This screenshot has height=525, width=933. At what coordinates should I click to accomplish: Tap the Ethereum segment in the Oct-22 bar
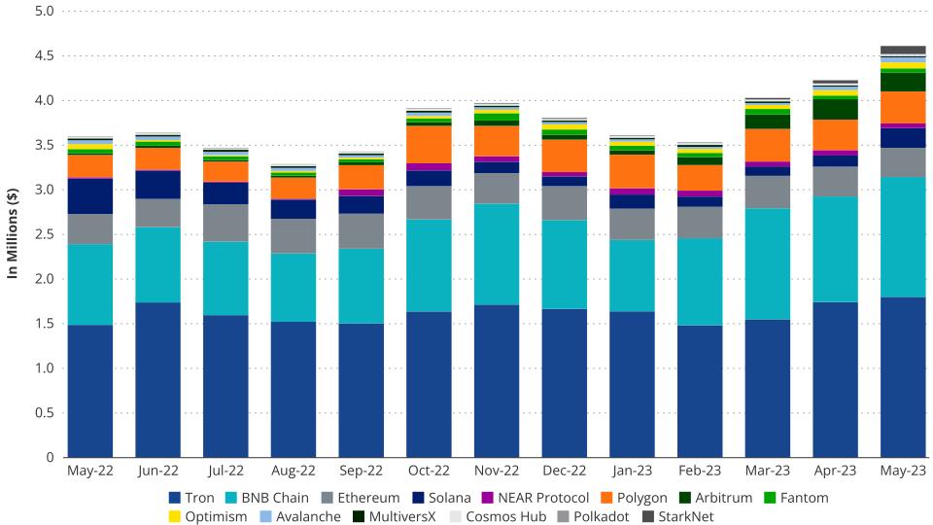coord(429,202)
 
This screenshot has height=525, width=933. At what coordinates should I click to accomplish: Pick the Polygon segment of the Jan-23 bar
coord(632,171)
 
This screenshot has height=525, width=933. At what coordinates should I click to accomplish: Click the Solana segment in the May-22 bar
coord(90,196)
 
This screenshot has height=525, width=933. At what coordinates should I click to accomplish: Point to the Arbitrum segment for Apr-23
coord(835,109)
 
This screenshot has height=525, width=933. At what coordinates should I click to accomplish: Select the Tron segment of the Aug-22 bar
coord(294,389)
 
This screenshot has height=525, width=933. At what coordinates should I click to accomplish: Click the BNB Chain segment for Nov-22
coord(497,254)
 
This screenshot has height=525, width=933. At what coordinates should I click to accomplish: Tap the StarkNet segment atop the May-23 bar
coord(902,50)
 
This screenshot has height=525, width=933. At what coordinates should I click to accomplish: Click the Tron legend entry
coord(191,498)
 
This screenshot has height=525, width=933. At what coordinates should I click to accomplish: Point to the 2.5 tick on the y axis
coord(45,234)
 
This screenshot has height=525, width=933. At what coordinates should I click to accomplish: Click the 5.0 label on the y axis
coord(45,12)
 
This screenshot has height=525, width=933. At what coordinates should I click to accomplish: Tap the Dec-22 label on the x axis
coord(564,472)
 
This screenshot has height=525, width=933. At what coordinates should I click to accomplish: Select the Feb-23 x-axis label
coord(699,472)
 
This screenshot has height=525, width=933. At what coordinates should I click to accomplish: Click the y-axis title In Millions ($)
coord(13,234)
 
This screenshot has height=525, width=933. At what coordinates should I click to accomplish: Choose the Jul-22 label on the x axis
coord(225,472)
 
